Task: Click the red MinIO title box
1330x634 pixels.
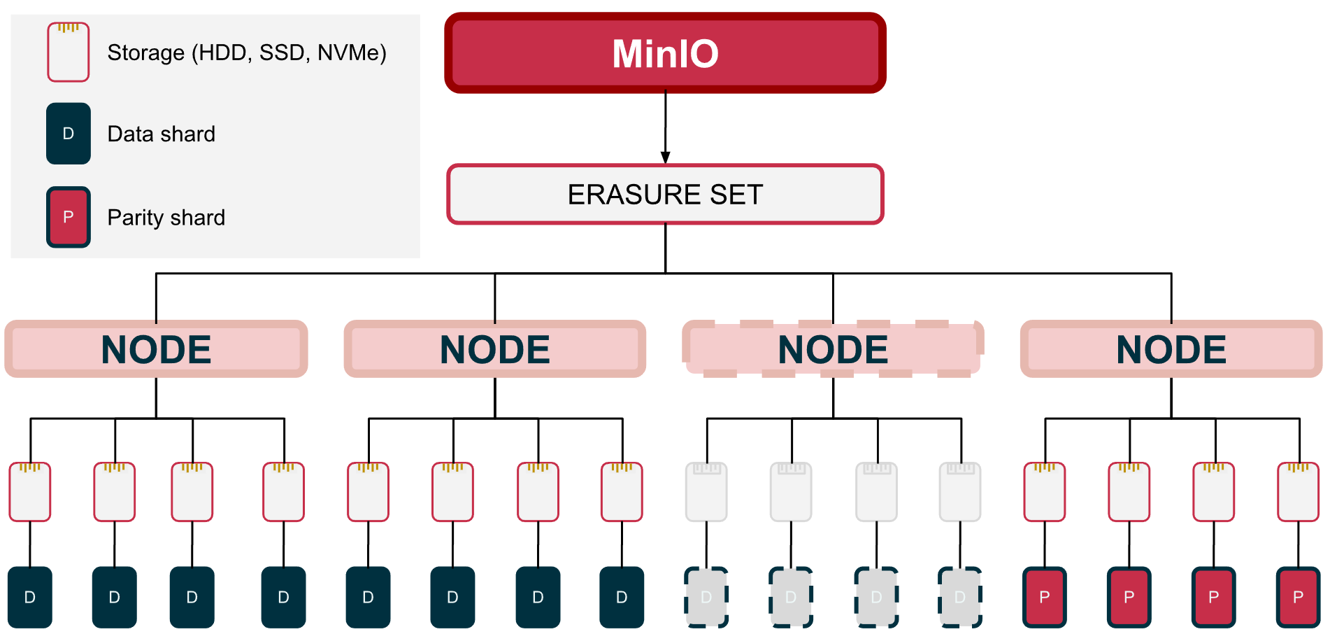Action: pyautogui.click(x=665, y=52)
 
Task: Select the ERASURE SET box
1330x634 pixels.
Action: pyautogui.click(x=665, y=194)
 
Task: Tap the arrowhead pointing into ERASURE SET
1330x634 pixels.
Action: pyautogui.click(x=665, y=157)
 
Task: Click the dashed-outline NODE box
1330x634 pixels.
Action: pyautogui.click(x=833, y=349)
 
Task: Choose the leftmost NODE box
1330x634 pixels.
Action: pyautogui.click(x=156, y=349)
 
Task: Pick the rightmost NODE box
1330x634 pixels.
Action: pyautogui.click(x=1171, y=349)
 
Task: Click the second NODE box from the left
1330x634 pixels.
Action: pyautogui.click(x=494, y=349)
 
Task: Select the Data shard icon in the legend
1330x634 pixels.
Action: pyautogui.click(x=69, y=134)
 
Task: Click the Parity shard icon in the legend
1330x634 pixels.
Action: pyautogui.click(x=69, y=217)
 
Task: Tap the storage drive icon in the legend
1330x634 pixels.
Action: pyautogui.click(x=69, y=52)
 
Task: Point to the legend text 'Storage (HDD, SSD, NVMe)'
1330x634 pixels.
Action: pyautogui.click(x=247, y=52)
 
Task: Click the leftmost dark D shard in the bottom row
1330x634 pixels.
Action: pyautogui.click(x=30, y=597)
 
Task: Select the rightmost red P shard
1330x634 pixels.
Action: pyautogui.click(x=1299, y=597)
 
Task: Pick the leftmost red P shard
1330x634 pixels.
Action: pyautogui.click(x=1045, y=597)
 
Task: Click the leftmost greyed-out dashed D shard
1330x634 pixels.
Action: pyautogui.click(x=706, y=597)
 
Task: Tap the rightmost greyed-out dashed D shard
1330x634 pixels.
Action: pyautogui.click(x=960, y=597)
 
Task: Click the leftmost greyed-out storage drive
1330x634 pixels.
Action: pyautogui.click(x=706, y=492)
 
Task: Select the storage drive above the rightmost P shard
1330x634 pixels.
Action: pyautogui.click(x=1299, y=492)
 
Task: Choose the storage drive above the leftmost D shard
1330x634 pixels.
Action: pyautogui.click(x=30, y=492)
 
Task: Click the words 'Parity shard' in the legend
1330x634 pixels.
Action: pyautogui.click(x=166, y=218)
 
